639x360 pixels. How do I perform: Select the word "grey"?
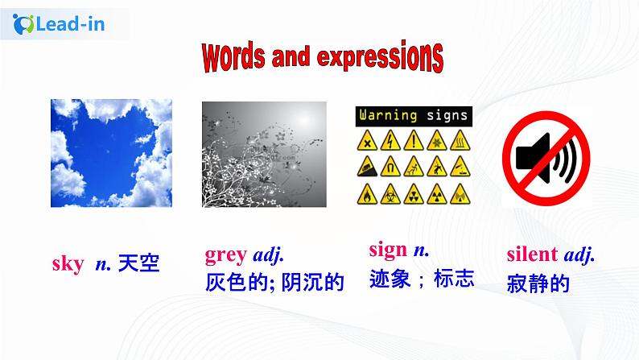tap(225, 255)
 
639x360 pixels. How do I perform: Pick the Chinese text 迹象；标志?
tap(421, 278)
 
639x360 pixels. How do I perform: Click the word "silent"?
tap(532, 255)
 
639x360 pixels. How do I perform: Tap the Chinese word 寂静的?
tap(538, 283)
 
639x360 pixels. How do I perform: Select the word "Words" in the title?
tap(233, 57)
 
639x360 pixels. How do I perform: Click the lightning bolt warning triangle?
tap(390, 142)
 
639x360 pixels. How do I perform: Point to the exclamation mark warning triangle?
tap(414, 142)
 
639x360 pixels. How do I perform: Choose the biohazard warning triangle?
tap(390, 194)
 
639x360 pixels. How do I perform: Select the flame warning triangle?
tap(367, 194)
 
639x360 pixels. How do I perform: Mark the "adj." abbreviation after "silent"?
tap(579, 255)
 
